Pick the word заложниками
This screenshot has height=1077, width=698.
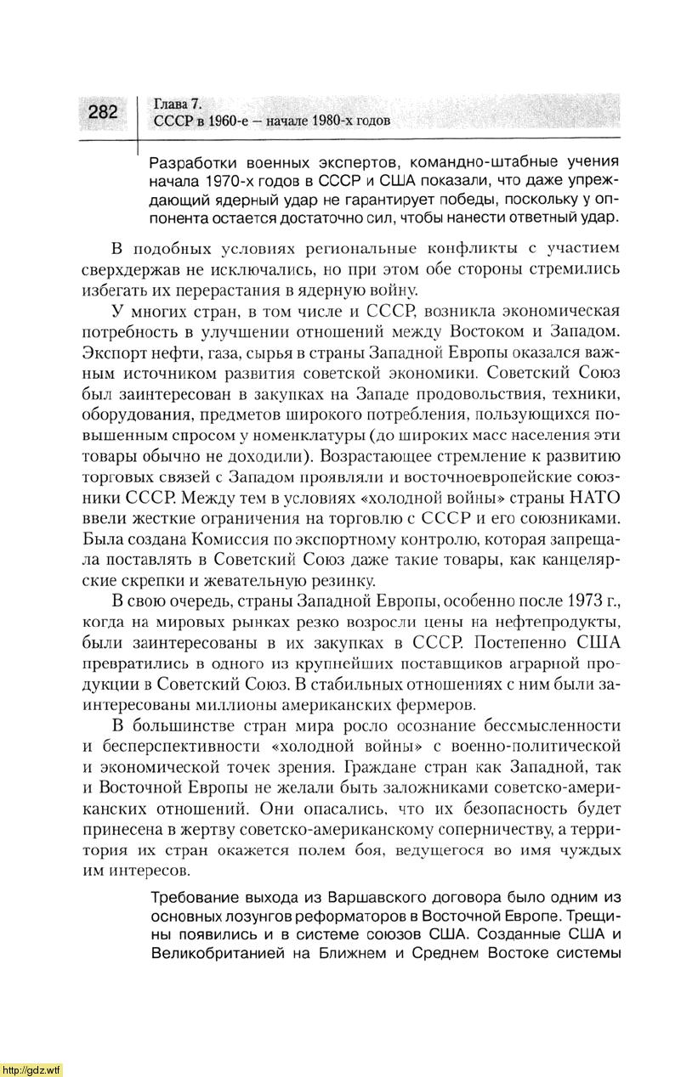pyautogui.click(x=449, y=787)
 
